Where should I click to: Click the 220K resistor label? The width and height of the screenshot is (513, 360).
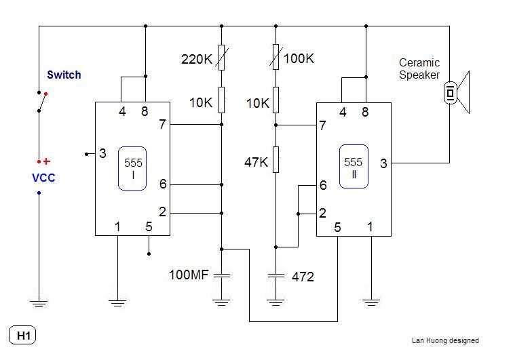197,60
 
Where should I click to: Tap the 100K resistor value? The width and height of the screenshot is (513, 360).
299,59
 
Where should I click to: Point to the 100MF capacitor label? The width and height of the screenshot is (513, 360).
190,275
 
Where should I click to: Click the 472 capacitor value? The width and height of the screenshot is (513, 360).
303,277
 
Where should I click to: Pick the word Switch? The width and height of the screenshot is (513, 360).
64,75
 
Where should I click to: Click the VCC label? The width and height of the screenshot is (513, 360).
43,178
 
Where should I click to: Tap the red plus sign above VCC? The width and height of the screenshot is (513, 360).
47,161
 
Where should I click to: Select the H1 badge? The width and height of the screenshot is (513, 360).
23,335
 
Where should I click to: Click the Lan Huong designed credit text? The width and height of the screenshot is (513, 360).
444,340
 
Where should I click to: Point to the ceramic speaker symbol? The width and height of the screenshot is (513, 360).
457,93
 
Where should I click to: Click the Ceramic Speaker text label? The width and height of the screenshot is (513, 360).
419,69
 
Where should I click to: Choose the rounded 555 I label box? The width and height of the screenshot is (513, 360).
132,168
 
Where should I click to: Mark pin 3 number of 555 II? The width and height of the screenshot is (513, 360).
383,163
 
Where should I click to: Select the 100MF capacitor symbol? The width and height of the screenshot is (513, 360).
222,275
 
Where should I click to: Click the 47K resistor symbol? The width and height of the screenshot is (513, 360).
276,161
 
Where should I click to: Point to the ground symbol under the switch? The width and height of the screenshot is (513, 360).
39,302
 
